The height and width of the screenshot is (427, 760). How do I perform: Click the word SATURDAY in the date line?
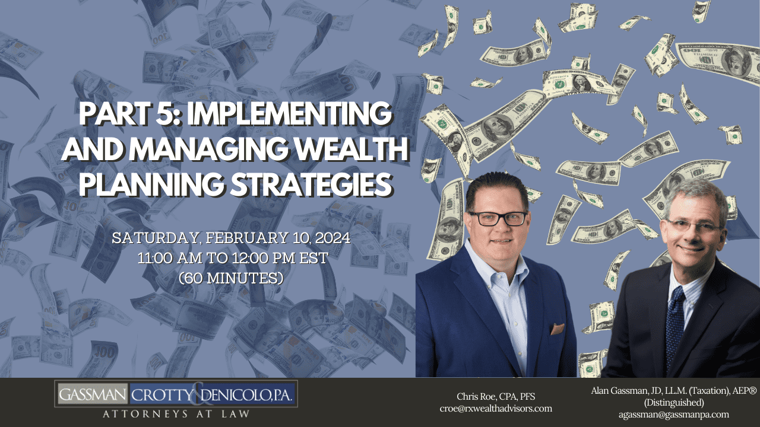(155, 238)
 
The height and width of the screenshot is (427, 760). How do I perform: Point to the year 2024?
(333, 238)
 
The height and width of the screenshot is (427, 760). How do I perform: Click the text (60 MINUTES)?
(231, 278)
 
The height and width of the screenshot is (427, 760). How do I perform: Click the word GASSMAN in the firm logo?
(92, 394)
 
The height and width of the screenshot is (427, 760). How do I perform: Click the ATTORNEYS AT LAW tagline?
(176, 414)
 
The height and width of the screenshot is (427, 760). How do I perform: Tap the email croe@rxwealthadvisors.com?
(496, 409)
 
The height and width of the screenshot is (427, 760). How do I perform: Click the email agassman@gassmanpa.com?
(673, 414)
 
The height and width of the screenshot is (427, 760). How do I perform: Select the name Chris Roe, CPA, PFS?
(496, 396)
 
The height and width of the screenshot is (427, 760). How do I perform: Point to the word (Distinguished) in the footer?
(674, 402)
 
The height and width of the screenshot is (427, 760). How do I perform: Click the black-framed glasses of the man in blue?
(498, 218)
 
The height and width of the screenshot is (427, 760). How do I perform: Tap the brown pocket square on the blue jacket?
(557, 329)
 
